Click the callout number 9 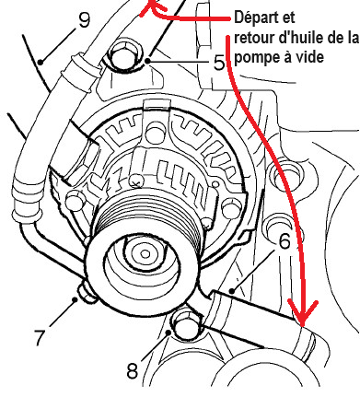[x=85, y=20]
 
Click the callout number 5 [x=219, y=63]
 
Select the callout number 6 [x=285, y=241]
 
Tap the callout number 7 [x=40, y=337]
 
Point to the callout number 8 [x=133, y=370]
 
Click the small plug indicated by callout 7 [x=87, y=294]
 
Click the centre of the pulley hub [x=145, y=254]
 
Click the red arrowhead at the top [x=150, y=6]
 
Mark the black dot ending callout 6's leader [x=233, y=290]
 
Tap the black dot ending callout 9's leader [x=41, y=62]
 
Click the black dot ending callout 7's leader [x=75, y=298]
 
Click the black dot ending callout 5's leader [x=148, y=61]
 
